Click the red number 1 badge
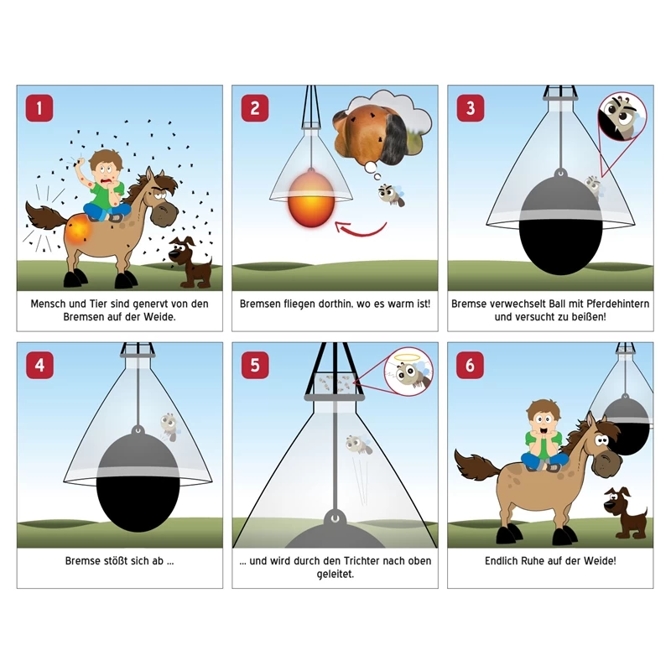(x=39, y=108)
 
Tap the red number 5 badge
(x=255, y=365)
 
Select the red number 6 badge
(x=470, y=365)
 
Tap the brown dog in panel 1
(x=190, y=262)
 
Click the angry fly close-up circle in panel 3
(x=622, y=117)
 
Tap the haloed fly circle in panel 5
(x=408, y=372)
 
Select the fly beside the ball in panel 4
(x=170, y=426)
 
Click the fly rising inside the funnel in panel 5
(x=359, y=445)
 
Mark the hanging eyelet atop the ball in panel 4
(x=138, y=430)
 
